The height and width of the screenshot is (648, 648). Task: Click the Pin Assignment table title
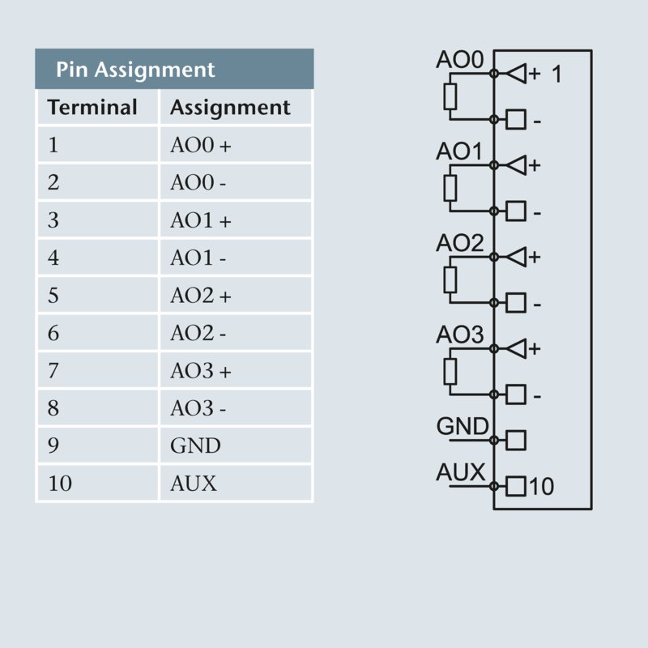(135, 70)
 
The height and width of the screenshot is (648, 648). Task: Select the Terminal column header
(92, 108)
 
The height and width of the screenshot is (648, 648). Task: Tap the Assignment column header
(230, 108)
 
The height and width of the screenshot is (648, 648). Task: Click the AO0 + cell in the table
(200, 146)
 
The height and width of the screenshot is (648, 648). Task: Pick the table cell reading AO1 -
(198, 258)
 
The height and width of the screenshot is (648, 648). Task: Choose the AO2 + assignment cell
(200, 296)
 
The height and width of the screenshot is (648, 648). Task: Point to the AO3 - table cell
(198, 408)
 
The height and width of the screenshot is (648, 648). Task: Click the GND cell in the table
(195, 446)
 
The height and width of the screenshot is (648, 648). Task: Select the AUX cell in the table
(194, 484)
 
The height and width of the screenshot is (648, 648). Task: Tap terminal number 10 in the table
(60, 484)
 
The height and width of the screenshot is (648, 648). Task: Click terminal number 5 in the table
(53, 296)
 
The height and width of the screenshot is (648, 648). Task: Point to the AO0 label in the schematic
(459, 61)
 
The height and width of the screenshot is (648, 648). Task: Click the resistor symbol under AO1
(451, 189)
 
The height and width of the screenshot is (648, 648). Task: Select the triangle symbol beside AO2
(515, 257)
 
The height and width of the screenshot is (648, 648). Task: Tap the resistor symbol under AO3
(451, 372)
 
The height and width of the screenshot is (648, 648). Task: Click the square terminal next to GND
(516, 441)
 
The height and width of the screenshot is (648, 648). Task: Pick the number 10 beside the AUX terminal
(542, 487)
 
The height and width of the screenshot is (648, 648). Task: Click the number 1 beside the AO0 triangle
(556, 75)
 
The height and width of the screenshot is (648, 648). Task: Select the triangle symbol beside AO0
(515, 74)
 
